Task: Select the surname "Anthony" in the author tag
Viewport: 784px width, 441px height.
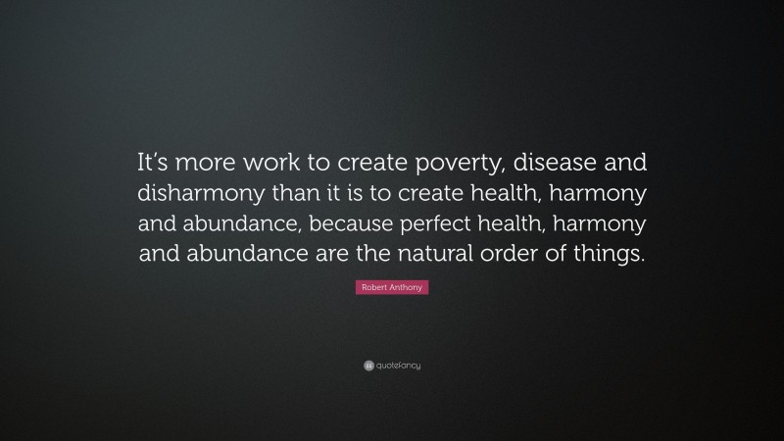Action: tap(409, 286)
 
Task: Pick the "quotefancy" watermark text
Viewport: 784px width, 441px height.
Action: tap(399, 366)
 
